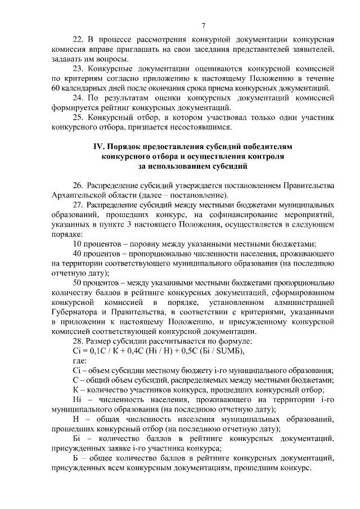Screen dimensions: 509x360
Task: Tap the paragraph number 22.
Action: tap(79, 40)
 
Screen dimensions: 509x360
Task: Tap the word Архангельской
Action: tap(77, 195)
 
